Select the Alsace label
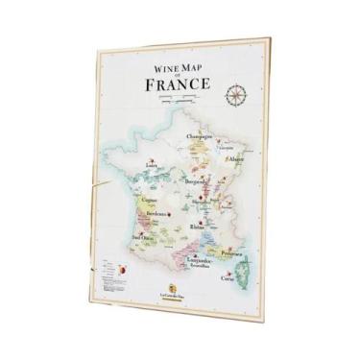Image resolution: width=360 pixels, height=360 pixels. tap(235, 158)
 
